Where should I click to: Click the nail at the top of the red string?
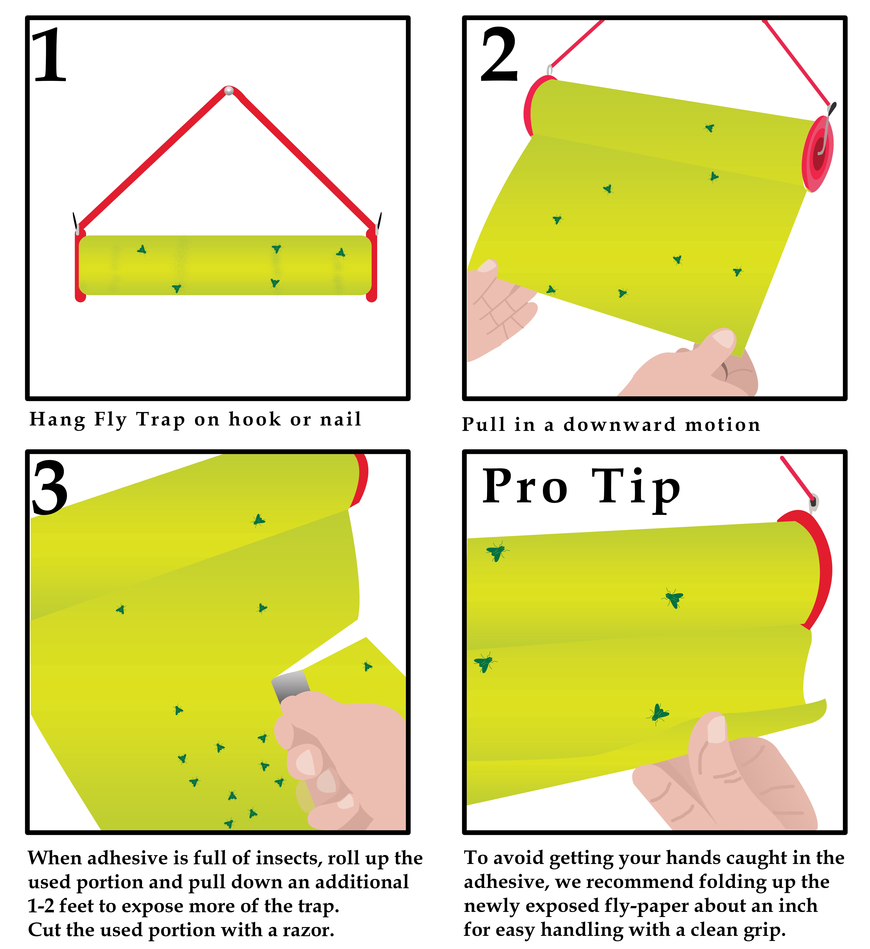pos(229,90)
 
